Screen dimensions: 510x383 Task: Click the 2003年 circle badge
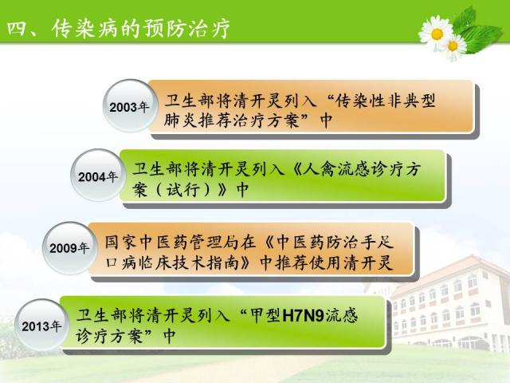(x=129, y=106)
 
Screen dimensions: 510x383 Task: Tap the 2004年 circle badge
(x=97, y=176)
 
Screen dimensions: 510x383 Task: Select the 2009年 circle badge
(x=69, y=248)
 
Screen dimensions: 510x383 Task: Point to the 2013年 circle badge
(x=41, y=326)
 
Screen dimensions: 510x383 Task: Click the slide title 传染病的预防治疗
(x=140, y=29)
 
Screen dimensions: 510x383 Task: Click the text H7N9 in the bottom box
(x=304, y=315)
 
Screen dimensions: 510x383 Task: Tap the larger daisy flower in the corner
(x=436, y=34)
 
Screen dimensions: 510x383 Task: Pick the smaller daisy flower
(x=453, y=46)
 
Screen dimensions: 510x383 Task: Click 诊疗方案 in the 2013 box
(x=109, y=335)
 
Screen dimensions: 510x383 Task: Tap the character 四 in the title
(x=16, y=29)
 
